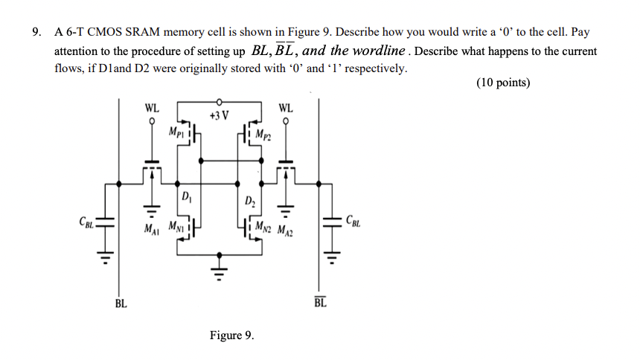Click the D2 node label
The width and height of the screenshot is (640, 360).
point(249,202)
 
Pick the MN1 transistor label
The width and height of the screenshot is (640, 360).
point(177,225)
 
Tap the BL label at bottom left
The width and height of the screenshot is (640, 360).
point(121,303)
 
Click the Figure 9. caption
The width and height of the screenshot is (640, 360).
point(231,335)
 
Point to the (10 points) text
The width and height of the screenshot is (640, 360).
point(503,83)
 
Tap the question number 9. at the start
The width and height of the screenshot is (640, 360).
point(36,33)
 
